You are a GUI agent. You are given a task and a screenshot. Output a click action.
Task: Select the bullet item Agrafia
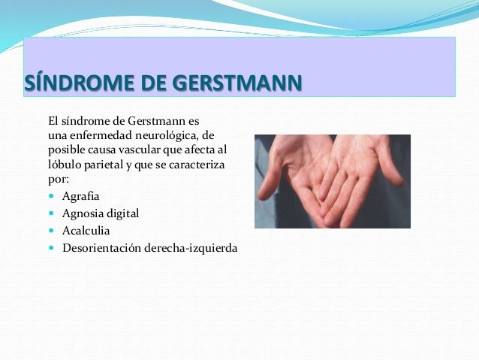[81, 196]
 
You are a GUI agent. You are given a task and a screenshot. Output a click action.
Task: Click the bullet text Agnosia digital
[101, 213]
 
